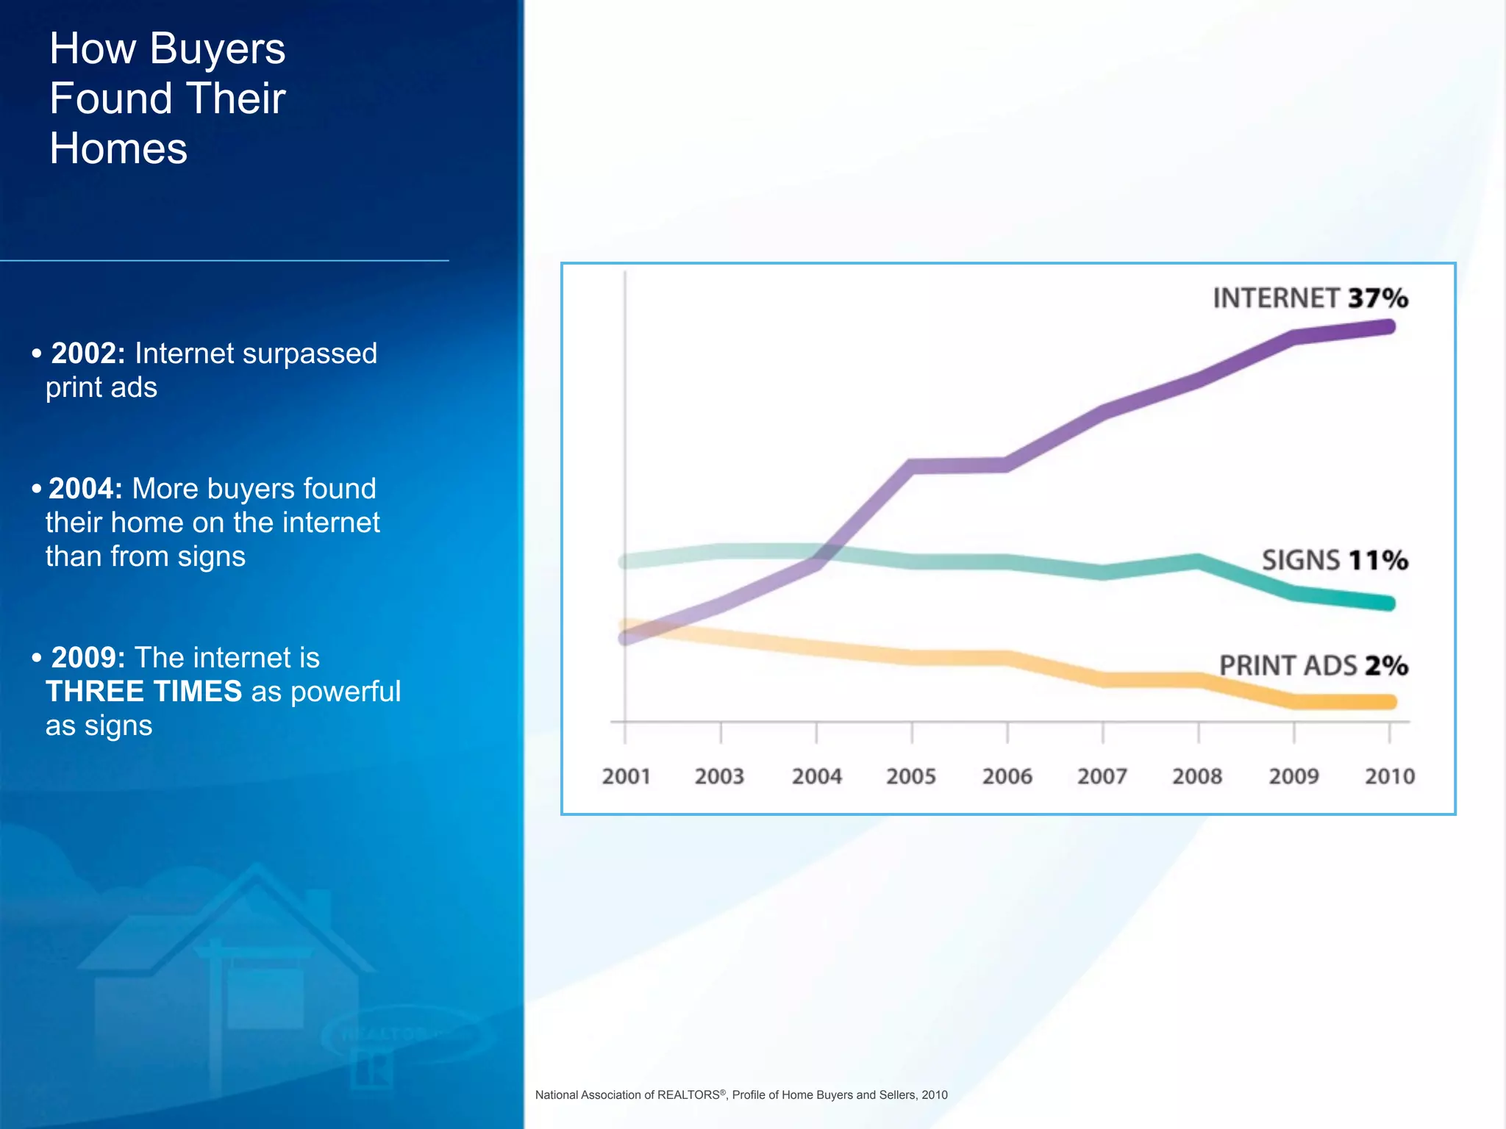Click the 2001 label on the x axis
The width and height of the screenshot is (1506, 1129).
(626, 776)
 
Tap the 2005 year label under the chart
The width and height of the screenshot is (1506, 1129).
(910, 776)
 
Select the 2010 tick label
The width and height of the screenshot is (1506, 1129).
(1389, 776)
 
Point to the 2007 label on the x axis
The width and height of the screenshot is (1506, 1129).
(1102, 776)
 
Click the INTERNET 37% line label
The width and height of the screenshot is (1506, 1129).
(1310, 298)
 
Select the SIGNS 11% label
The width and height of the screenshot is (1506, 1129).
(1335, 560)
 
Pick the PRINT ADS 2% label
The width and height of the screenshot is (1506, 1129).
(1313, 666)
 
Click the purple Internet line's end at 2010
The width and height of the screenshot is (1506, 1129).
(1388, 327)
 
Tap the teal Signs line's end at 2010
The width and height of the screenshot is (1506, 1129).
(1388, 603)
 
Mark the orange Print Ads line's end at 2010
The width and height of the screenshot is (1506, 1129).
(1388, 702)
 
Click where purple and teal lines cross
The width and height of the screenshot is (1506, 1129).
(827, 553)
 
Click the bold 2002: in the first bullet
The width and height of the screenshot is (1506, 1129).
(88, 354)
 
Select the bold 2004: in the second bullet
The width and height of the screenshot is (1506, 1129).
(85, 489)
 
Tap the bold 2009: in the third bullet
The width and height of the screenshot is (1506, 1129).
(88, 658)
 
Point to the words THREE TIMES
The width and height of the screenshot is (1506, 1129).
(143, 692)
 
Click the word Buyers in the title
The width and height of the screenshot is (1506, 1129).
(217, 49)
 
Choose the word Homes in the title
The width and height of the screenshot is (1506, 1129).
(118, 148)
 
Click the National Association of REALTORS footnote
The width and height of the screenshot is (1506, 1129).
(740, 1094)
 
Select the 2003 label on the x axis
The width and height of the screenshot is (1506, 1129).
(719, 776)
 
